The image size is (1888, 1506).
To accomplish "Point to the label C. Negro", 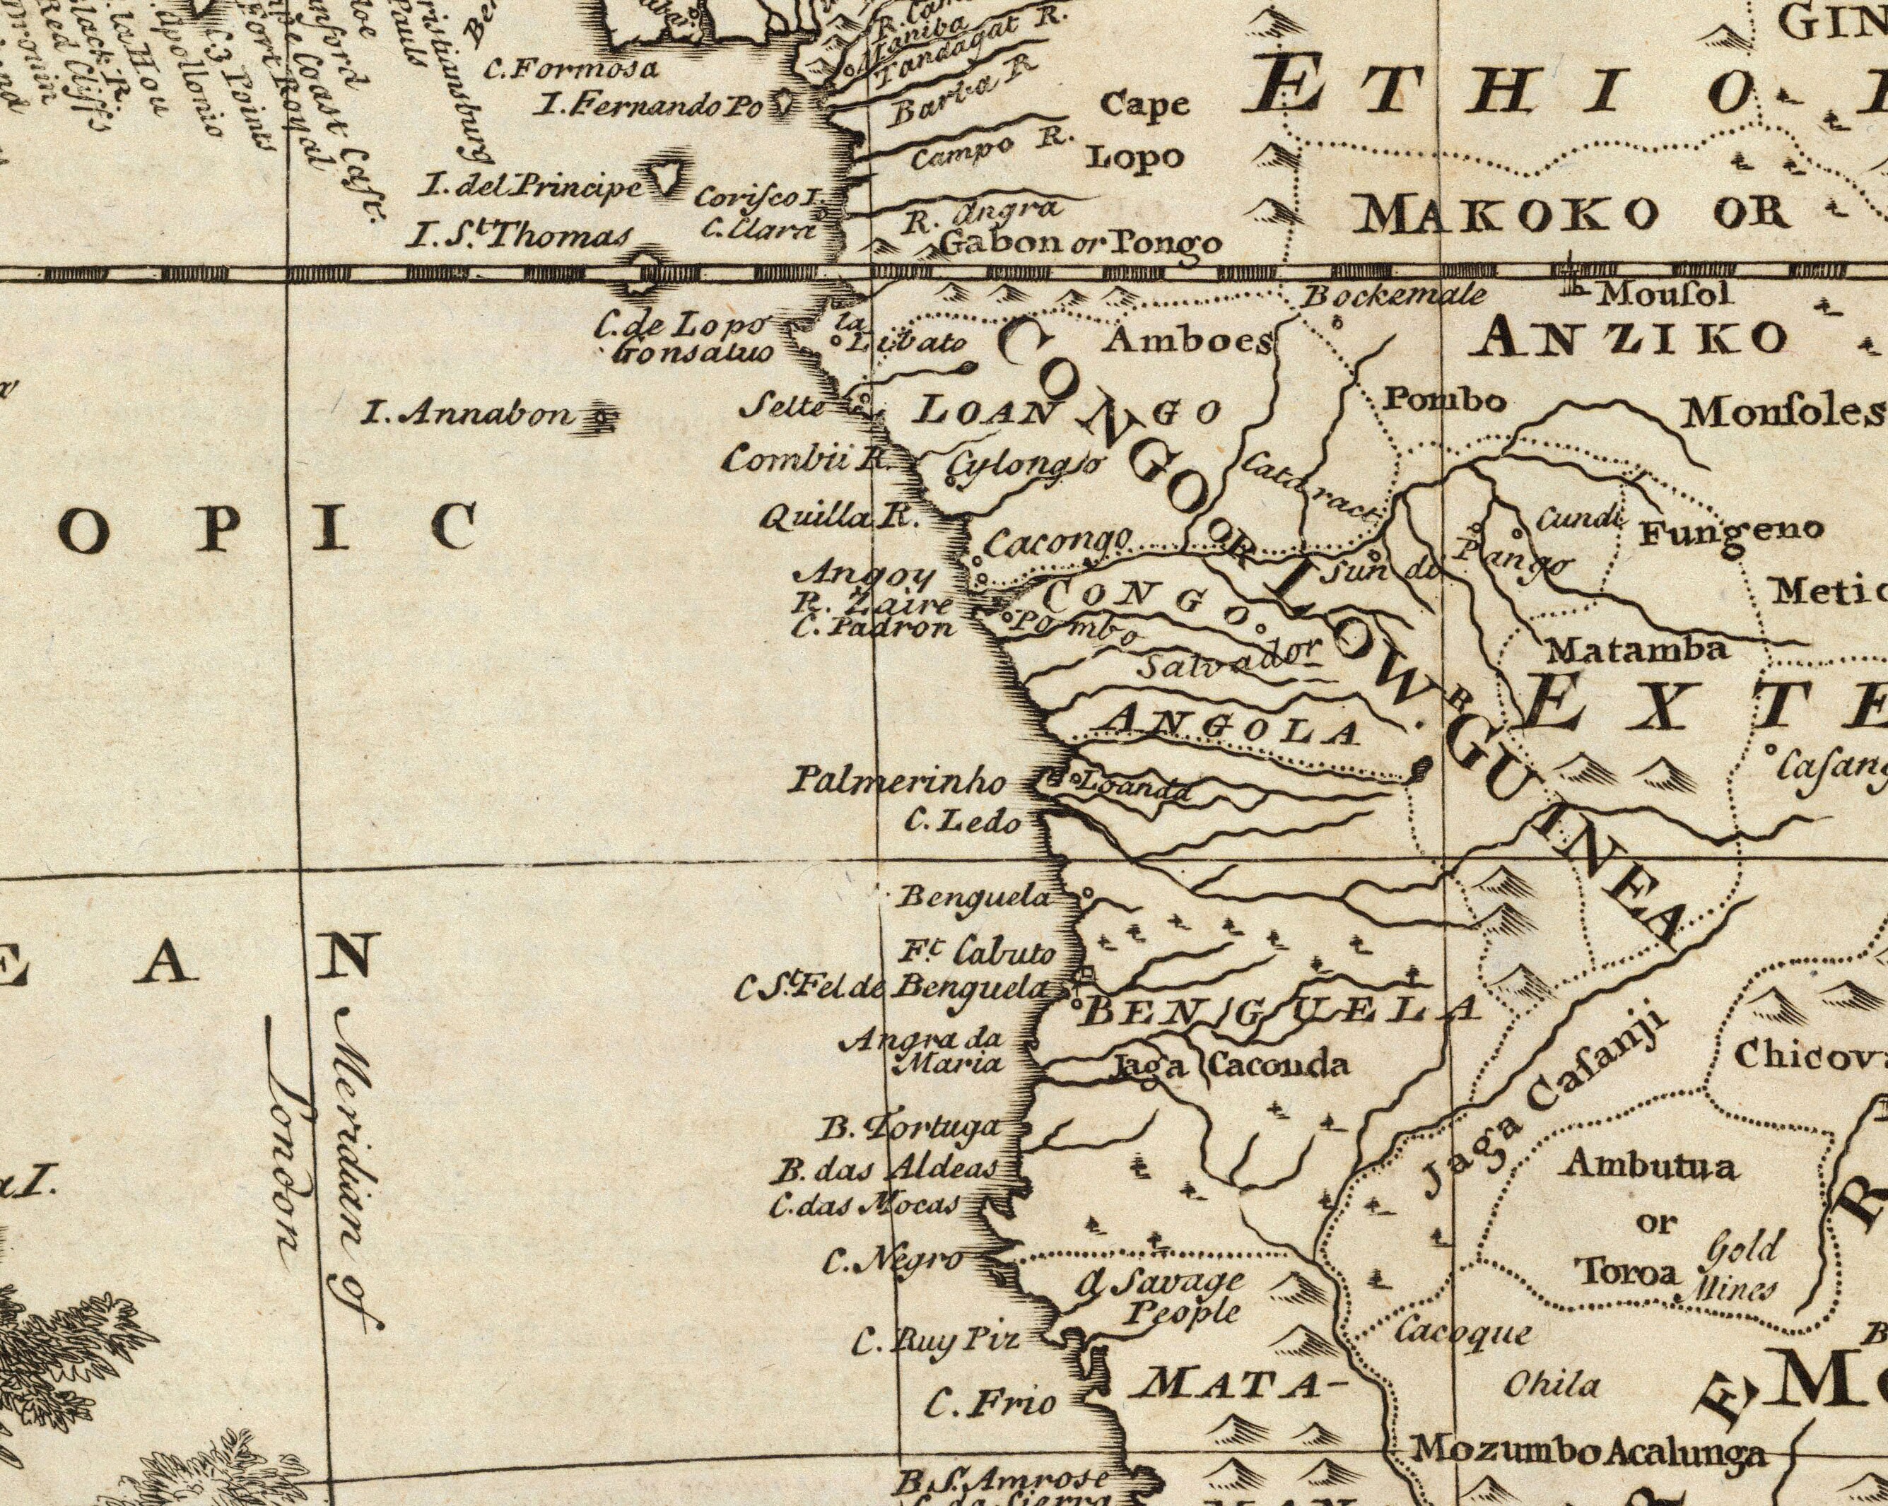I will click(x=893, y=1261).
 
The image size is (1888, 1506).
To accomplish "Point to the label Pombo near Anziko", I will click(x=1445, y=400).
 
